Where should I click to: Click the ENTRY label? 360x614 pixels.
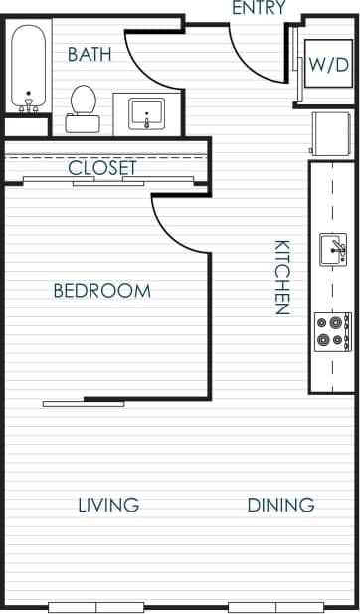(x=259, y=9)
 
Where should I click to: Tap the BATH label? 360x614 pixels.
(x=90, y=54)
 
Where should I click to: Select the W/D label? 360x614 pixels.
(x=327, y=66)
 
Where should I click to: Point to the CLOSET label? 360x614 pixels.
(x=101, y=168)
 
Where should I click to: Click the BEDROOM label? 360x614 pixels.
(x=101, y=291)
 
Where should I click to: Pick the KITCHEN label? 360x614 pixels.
(x=281, y=277)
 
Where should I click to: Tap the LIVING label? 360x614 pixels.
(x=108, y=505)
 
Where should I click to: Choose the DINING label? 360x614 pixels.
(x=280, y=505)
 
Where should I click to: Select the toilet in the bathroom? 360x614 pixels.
(x=83, y=106)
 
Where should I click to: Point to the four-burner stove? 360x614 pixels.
(x=332, y=331)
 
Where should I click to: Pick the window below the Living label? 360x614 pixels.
(x=96, y=606)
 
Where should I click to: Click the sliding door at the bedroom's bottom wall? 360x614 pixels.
(x=84, y=402)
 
